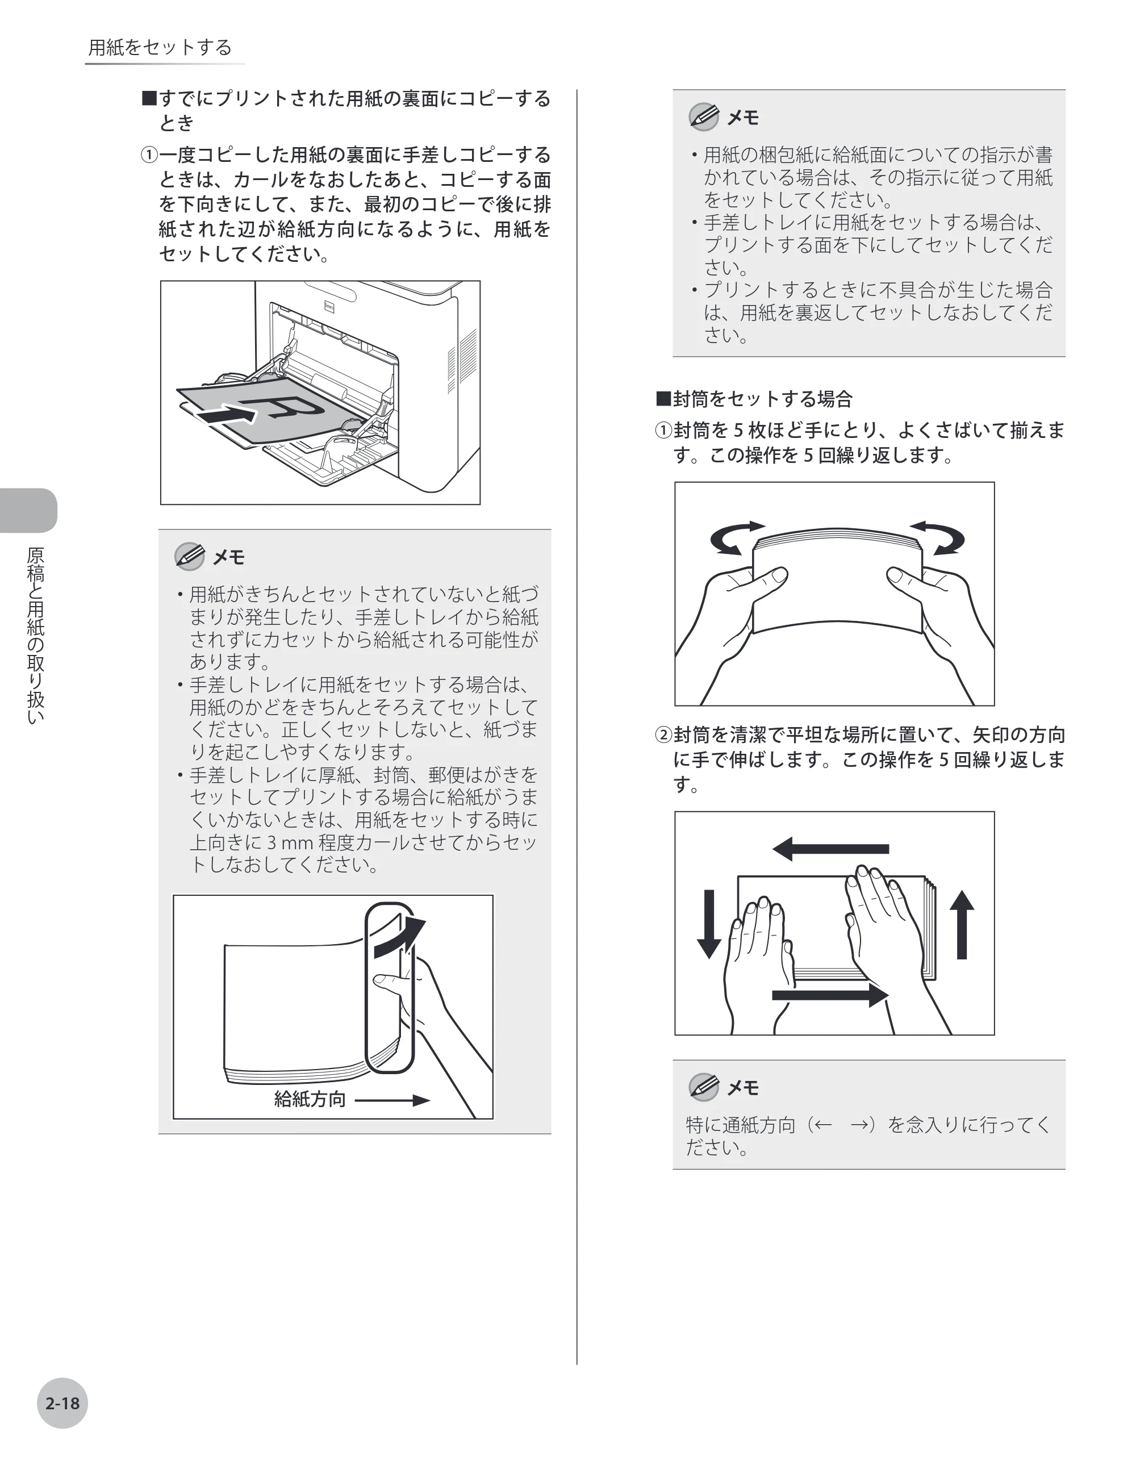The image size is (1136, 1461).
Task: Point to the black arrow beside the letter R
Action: (227, 415)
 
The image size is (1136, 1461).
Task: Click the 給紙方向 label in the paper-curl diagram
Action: (310, 1099)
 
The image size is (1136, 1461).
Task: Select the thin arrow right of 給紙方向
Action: (392, 1100)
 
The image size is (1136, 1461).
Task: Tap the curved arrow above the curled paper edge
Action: (399, 937)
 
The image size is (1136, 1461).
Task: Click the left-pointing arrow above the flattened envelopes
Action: (830, 849)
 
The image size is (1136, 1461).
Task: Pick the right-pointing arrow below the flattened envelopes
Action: (830, 995)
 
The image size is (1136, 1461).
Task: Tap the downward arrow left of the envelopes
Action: (709, 924)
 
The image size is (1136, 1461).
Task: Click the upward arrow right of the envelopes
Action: (962, 924)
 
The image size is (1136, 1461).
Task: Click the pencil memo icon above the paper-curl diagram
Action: (189, 556)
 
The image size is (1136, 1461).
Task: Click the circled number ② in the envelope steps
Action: (662, 735)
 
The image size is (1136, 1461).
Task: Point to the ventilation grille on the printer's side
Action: (461, 361)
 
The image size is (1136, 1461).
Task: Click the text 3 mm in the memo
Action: (290, 842)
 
